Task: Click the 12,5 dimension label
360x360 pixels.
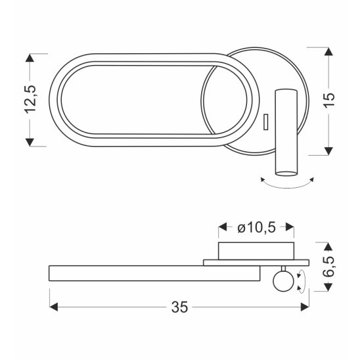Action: point(31,99)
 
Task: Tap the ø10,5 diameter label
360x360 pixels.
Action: point(256,228)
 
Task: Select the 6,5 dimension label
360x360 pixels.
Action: point(328,267)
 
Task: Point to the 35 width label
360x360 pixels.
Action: point(179,307)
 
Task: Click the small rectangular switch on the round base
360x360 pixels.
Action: point(266,122)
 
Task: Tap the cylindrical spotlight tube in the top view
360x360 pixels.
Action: point(286,133)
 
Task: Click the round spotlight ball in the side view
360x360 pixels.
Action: point(283,281)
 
